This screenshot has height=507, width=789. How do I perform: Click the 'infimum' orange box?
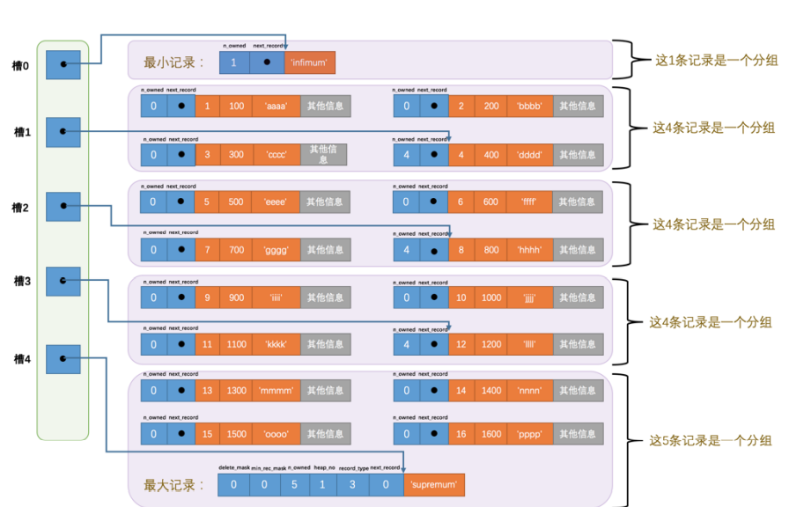(310, 62)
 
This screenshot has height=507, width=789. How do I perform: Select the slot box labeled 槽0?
(63, 63)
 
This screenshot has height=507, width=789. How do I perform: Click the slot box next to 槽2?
(63, 207)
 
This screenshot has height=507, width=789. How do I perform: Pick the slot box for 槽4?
(63, 358)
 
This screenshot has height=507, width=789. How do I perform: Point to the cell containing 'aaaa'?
(276, 107)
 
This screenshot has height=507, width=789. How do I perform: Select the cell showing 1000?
(490, 298)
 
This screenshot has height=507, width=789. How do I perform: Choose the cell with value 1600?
(490, 434)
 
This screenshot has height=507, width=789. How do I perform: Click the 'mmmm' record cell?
(276, 391)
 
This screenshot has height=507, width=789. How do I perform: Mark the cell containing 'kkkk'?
(276, 345)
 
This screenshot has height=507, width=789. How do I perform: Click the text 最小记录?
(173, 62)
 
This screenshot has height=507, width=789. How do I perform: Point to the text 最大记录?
(173, 485)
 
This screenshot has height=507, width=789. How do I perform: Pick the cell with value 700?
(236, 250)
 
